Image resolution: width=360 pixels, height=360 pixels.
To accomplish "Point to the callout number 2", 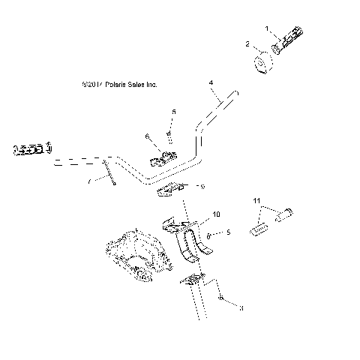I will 248,45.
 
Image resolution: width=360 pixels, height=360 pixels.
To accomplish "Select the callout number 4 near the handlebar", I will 211,82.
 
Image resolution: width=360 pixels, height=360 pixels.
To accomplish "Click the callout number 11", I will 256,201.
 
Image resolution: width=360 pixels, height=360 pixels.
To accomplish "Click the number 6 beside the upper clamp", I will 148,136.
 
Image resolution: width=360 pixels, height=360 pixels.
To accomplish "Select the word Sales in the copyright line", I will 136,85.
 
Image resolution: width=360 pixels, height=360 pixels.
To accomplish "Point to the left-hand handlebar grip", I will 30,149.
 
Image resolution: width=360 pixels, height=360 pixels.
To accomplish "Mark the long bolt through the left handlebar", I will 110,174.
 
